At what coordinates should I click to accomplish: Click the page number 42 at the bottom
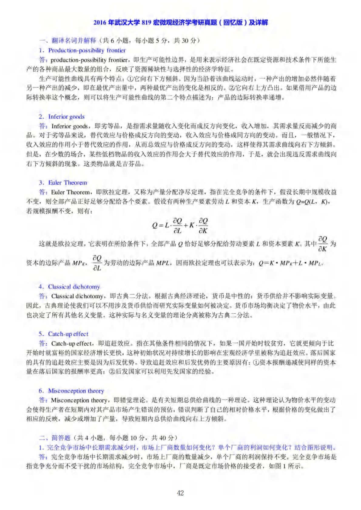(x=180, y=493)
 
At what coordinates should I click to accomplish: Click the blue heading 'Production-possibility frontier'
(x=87, y=50)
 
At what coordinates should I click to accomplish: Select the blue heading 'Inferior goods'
(x=66, y=117)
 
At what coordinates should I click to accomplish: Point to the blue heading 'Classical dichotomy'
(x=74, y=287)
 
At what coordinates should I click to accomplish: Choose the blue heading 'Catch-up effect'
(x=68, y=334)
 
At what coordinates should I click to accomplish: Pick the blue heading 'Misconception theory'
(x=76, y=391)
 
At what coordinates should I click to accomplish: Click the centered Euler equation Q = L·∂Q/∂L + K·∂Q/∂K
(x=180, y=226)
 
